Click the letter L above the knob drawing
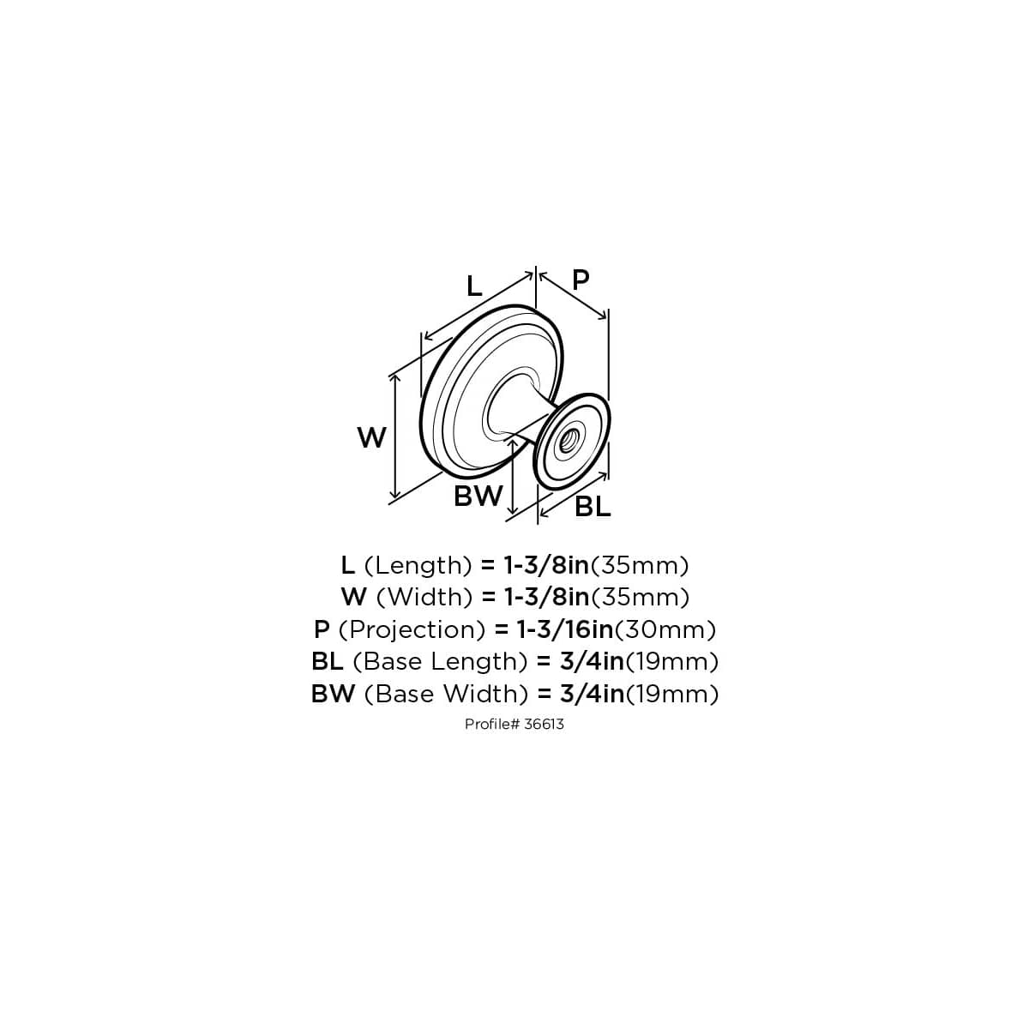click(474, 285)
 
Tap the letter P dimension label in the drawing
click(581, 280)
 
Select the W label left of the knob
click(371, 438)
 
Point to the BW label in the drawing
click(478, 496)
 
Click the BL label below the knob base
click(593, 507)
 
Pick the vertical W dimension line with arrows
click(394, 436)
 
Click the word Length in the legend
click(418, 565)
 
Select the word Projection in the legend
click(412, 629)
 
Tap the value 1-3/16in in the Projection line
click(564, 629)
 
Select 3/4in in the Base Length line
click(591, 661)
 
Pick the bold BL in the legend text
click(328, 661)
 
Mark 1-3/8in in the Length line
click(546, 565)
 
